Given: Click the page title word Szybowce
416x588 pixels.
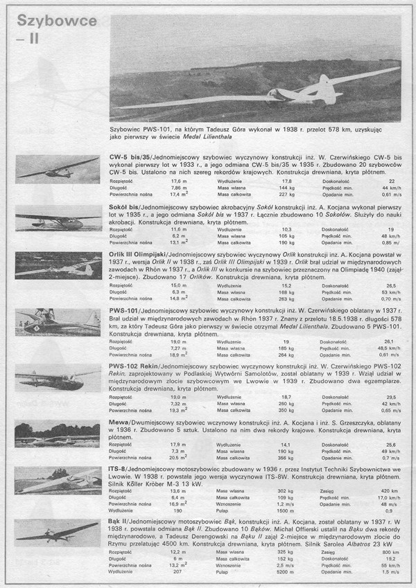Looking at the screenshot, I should [x=55, y=21].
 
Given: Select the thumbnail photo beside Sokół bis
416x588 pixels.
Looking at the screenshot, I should [x=58, y=220].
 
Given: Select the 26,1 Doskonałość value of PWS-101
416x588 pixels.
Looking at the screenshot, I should [x=389, y=341].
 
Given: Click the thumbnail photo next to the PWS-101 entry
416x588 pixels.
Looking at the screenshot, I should [x=58, y=321].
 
